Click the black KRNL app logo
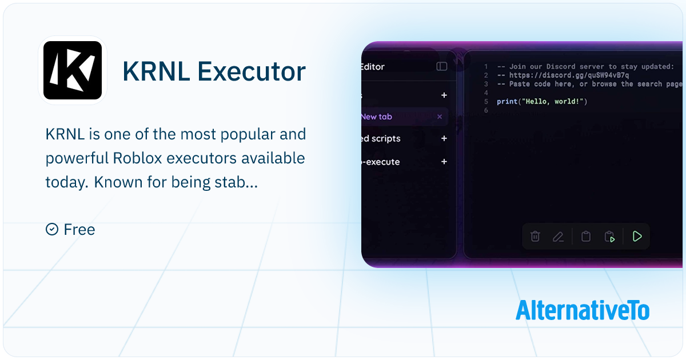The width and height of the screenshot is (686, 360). coord(73,70)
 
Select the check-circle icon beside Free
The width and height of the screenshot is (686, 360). coord(51,229)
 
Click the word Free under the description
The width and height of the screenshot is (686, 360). coord(79,230)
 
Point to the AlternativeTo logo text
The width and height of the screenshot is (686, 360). coord(582,310)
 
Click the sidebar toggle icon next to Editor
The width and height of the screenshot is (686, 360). coord(441,66)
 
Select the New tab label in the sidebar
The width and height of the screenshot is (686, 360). coord(376,117)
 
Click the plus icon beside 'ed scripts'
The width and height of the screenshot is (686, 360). coord(444,138)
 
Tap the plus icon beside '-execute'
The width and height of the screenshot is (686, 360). coord(444,162)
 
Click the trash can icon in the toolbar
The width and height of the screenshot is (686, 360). coord(535,236)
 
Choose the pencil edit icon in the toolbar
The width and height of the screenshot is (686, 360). coord(558,237)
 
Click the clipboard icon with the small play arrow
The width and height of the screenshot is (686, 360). coord(609,237)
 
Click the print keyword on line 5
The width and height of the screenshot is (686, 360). coord(507,102)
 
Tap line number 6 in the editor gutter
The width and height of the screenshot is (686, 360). coord(486,110)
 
